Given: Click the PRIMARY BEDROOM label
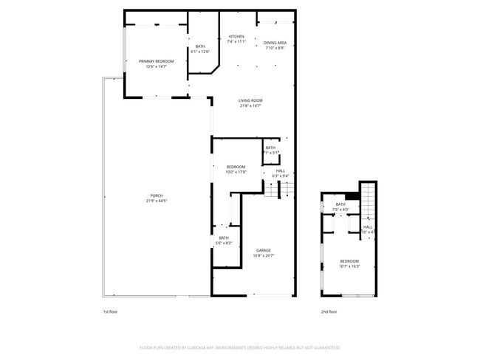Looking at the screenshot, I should tap(156, 61).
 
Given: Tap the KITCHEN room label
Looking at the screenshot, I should tap(236, 36).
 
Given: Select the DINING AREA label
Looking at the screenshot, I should tap(275, 43).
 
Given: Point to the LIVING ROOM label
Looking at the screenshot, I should tap(250, 100).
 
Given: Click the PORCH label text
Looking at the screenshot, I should tap(156, 195).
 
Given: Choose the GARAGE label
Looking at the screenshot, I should tap(264, 250).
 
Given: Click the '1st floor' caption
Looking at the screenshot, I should tap(110, 311).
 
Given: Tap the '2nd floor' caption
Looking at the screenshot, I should tap(329, 311).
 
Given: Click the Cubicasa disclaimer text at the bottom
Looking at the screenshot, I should tap(239, 347).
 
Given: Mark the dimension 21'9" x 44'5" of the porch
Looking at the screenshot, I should tap(156, 201).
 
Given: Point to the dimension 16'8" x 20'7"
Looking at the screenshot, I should tap(264, 255).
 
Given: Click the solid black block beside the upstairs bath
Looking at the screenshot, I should tap(352, 196).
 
